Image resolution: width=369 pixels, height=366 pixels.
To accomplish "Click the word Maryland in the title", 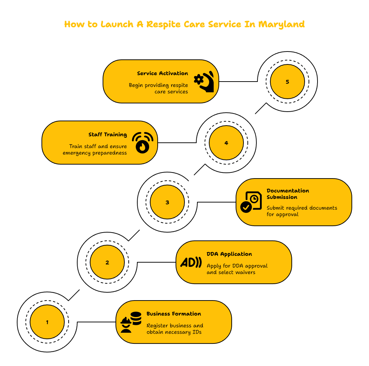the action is click(x=281, y=24).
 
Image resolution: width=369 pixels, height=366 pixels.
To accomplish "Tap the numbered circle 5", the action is click(x=287, y=82).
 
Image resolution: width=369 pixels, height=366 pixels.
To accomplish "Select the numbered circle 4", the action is click(x=226, y=143).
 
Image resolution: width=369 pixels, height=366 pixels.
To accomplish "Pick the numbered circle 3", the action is click(x=167, y=202).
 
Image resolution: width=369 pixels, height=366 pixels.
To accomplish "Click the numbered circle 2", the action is click(x=107, y=262).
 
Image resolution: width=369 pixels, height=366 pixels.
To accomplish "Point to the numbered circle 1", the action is click(x=47, y=322).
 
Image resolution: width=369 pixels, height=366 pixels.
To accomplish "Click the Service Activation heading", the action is click(x=162, y=73).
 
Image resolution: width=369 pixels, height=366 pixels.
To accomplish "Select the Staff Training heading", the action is click(x=108, y=135).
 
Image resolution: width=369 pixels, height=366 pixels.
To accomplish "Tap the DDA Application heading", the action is click(x=229, y=254).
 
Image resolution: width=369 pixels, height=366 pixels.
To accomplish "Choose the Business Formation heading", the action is click(x=174, y=314).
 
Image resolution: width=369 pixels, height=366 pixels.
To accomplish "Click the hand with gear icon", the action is click(x=204, y=82).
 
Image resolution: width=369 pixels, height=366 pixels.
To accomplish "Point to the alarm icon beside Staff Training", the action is click(x=142, y=143).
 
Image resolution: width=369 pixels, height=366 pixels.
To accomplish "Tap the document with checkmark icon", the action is click(x=251, y=202).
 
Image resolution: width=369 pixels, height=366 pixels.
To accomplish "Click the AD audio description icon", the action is click(x=191, y=262).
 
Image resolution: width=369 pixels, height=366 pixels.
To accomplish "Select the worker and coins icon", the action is click(x=131, y=322).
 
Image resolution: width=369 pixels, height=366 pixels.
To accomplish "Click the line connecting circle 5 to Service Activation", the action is click(x=238, y=82).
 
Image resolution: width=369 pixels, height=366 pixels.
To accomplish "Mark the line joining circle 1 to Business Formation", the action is click(x=97, y=322).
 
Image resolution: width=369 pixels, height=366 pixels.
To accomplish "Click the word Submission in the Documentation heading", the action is click(x=282, y=197).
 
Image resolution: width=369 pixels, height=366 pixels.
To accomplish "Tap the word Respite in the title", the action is click(x=163, y=24).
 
